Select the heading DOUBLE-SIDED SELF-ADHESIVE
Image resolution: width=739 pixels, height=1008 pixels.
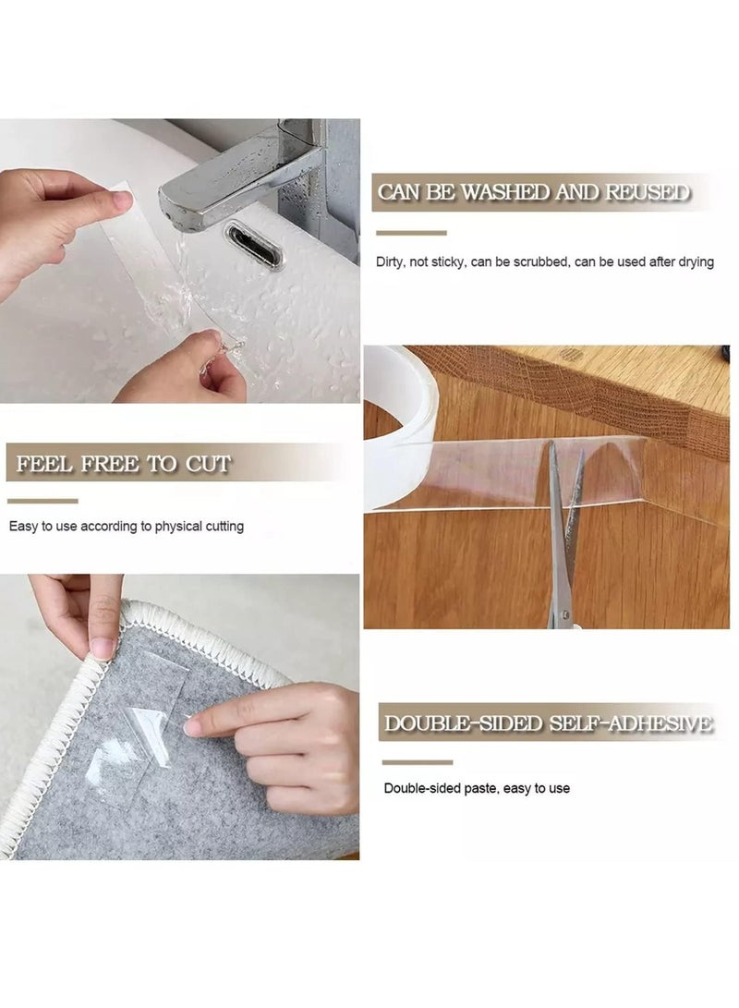[548, 723]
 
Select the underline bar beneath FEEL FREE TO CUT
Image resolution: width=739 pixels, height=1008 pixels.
[42, 501]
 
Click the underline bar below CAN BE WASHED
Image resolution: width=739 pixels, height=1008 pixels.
[410, 233]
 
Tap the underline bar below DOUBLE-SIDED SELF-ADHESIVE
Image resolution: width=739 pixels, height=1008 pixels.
[418, 762]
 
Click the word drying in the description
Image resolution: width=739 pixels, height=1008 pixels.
[695, 262]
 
